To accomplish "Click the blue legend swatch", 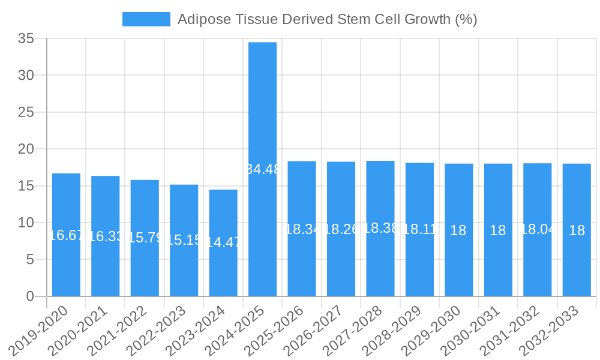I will [146, 19].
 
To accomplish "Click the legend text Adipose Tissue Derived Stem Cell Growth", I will [327, 19].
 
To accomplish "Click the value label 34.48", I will [263, 169].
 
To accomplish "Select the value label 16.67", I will [66, 235].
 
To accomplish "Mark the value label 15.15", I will [184, 240].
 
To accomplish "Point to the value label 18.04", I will [538, 230].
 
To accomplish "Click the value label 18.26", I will [341, 229].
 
